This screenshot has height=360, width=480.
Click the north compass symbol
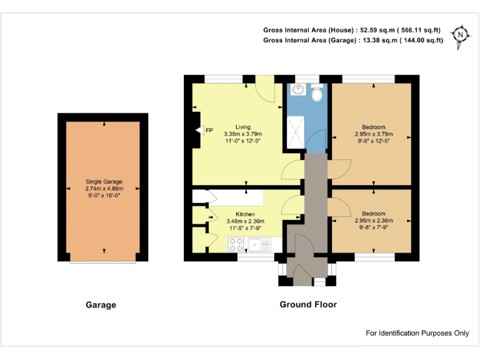point(461,35)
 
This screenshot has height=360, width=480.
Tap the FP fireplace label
point(209,130)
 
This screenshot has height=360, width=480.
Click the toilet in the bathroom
point(317,94)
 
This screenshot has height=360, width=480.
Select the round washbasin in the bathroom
point(298,91)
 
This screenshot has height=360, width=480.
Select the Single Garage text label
point(104,182)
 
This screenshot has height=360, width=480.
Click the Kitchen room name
point(244,214)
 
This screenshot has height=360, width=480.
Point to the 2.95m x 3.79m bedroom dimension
point(374,134)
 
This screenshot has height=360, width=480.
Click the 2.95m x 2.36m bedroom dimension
point(374,220)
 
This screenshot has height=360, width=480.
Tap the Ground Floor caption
point(307,305)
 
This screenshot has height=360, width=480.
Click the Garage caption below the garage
point(101,306)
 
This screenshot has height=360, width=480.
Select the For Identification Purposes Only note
point(417,333)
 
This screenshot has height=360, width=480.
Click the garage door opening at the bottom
point(103,262)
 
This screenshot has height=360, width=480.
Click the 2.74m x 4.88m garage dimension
point(104,189)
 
